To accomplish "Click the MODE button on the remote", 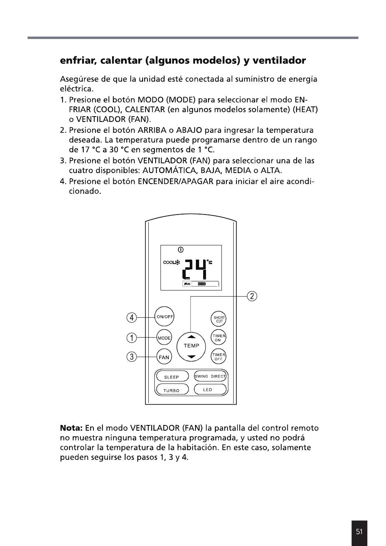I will pyautogui.click(x=164, y=338).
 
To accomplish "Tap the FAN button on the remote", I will pyautogui.click(x=164, y=357).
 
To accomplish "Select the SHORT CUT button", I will pyautogui.click(x=219, y=319).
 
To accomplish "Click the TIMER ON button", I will pyautogui.click(x=218, y=338).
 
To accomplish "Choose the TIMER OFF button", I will pyautogui.click(x=218, y=357).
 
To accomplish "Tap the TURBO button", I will pyautogui.click(x=172, y=390).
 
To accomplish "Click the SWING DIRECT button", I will pyautogui.click(x=210, y=376).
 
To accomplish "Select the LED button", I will pyautogui.click(x=210, y=390).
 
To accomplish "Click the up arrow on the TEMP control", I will pyautogui.click(x=191, y=336).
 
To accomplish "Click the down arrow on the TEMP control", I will pyautogui.click(x=191, y=356).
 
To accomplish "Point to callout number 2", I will pyautogui.click(x=252, y=296).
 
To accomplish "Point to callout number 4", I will pyautogui.click(x=131, y=317).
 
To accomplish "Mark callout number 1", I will pyautogui.click(x=131, y=338).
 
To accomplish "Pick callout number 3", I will pyautogui.click(x=131, y=357).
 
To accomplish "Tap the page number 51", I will pyautogui.click(x=359, y=532).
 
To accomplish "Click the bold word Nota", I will pyautogui.click(x=71, y=428).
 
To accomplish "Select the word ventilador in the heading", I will pyautogui.click(x=279, y=61).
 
